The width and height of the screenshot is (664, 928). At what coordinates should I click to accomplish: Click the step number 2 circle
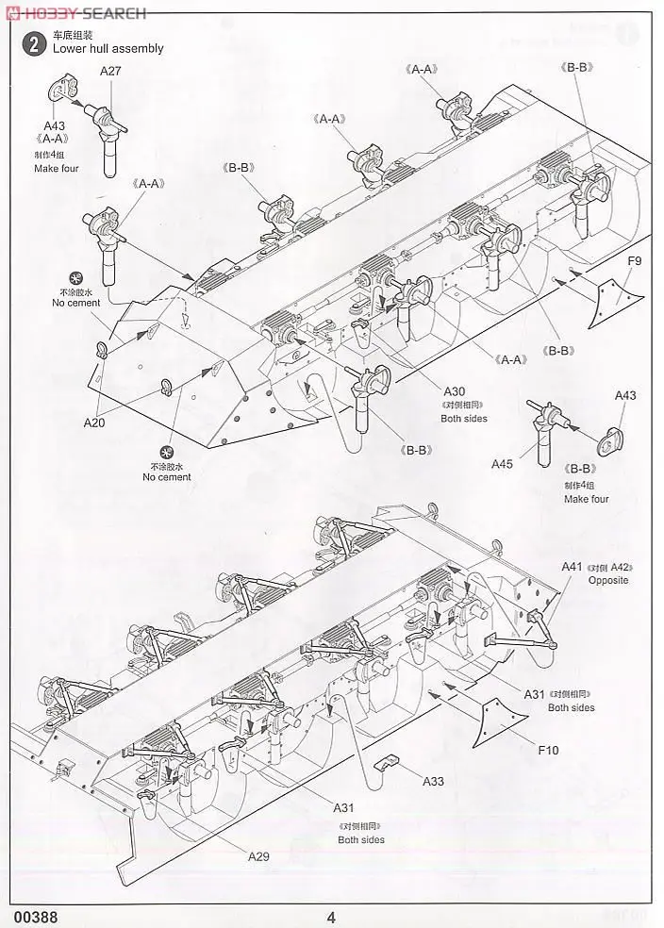click(x=35, y=42)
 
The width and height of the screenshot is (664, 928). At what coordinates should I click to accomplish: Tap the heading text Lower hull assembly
click(x=108, y=48)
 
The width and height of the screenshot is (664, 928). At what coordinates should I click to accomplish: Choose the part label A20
click(x=93, y=423)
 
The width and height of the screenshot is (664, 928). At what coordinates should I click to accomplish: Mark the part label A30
click(x=456, y=391)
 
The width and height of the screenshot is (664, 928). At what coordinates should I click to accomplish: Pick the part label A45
click(x=503, y=463)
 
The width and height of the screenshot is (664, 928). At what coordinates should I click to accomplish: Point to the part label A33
click(x=433, y=781)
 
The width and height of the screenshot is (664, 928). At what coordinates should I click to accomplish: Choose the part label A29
click(x=259, y=856)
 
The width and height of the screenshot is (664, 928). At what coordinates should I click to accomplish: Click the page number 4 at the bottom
click(x=331, y=917)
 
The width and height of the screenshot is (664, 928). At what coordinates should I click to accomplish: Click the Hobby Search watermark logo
click(x=75, y=12)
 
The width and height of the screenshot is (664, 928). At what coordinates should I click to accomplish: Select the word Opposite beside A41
click(x=607, y=580)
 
